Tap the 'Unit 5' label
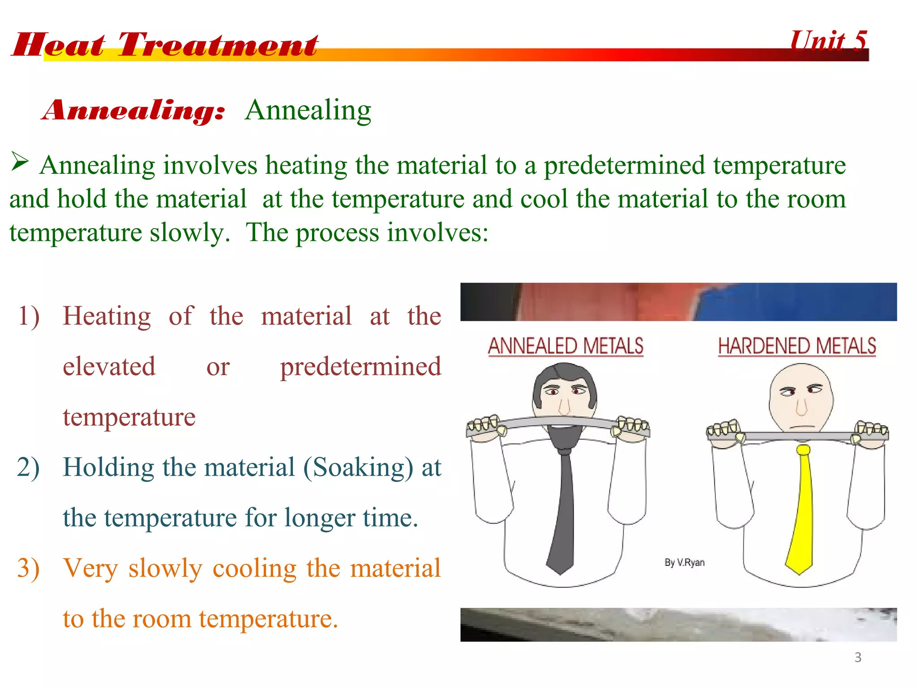828,41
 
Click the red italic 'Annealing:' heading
133,111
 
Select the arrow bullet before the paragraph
20,162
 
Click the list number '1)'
29,316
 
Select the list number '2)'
28,467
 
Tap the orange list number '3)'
28,568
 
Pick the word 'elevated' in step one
109,366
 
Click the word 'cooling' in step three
254,568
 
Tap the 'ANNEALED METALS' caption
566,346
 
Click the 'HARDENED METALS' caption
797,346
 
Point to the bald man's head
801,390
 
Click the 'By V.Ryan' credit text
684,563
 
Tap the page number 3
857,657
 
